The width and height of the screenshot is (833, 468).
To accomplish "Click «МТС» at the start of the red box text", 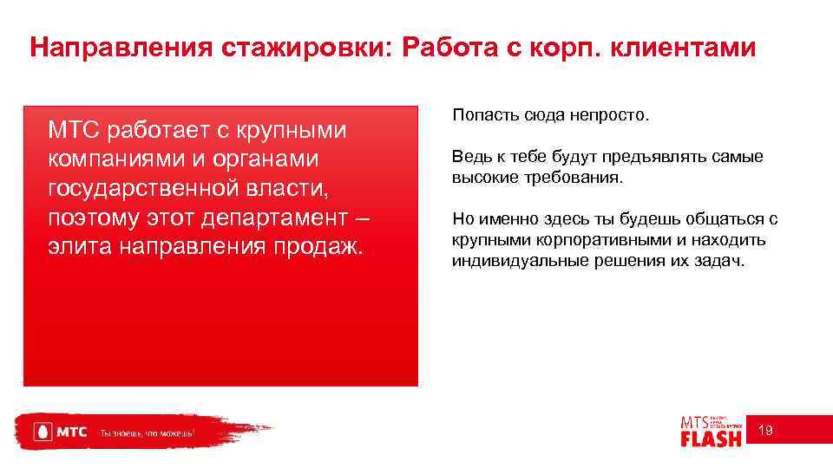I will [71, 131].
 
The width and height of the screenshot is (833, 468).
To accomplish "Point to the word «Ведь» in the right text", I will [468, 158].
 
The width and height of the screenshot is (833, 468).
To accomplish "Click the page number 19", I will [766, 431].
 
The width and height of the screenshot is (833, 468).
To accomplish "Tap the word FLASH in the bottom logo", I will [711, 439].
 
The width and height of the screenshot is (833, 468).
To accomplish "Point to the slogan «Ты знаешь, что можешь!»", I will [147, 432].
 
